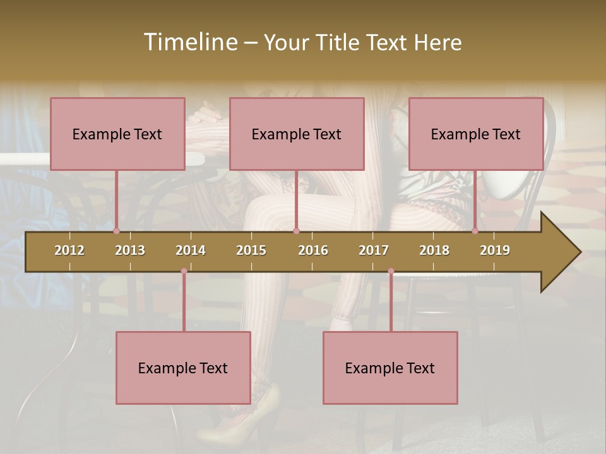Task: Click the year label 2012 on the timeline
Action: point(69,250)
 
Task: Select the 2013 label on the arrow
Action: point(130,250)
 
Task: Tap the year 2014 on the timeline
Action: point(191,250)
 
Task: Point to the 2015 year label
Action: point(251,250)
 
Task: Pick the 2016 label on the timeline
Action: point(313,250)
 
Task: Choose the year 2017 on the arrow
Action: point(374,250)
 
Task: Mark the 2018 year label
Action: point(434,250)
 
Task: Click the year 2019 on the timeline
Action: point(495,250)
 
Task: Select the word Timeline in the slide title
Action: point(189,42)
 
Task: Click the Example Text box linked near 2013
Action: point(117,134)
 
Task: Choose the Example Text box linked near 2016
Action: point(297,134)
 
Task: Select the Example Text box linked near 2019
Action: point(476,134)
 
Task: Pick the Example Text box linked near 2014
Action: point(183,368)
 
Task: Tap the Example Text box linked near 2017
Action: point(390,368)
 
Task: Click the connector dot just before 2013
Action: point(117,231)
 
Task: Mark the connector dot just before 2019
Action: point(475,231)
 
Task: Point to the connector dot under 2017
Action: point(391,271)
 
